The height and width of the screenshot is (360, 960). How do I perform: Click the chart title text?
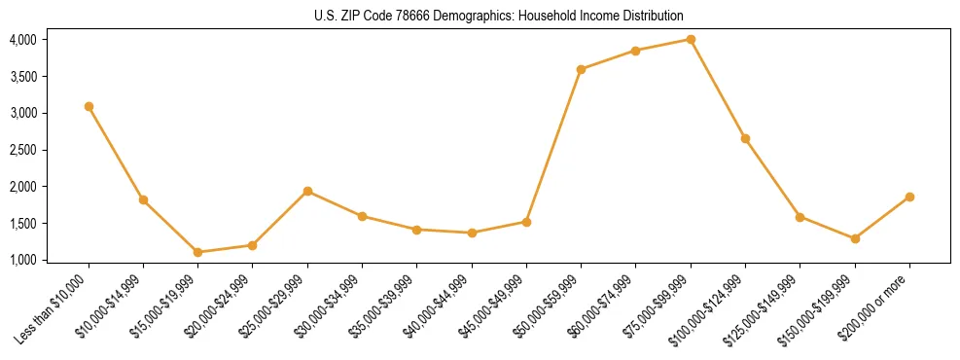[x=499, y=17]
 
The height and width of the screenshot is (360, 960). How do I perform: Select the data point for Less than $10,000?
[x=89, y=106]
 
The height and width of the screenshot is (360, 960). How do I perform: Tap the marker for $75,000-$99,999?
[x=691, y=39]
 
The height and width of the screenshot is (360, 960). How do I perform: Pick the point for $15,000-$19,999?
[x=197, y=252]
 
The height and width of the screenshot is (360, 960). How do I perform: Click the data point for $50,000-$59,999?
[x=581, y=69]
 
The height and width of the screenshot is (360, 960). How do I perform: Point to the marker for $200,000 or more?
[x=909, y=197]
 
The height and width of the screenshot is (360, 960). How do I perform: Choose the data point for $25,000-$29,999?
[x=307, y=191]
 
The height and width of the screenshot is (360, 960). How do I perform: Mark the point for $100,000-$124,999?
[x=745, y=138]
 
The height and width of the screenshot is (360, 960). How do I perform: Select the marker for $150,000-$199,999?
[x=855, y=238]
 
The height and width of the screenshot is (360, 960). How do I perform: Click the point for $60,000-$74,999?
[x=635, y=51]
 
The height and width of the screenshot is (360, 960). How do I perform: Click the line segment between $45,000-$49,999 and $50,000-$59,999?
[x=553, y=146]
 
